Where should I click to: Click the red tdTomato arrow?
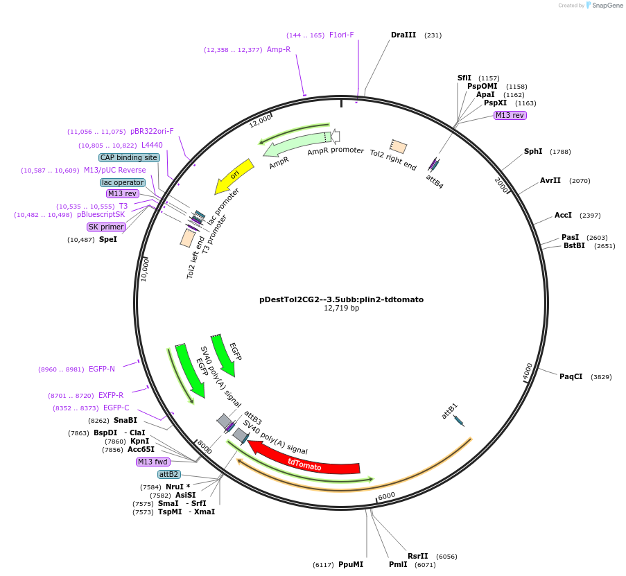click(305, 465)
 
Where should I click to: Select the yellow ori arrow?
click(234, 177)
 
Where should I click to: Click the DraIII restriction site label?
click(403, 35)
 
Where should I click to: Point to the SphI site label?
click(533, 151)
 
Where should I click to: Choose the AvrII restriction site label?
click(550, 180)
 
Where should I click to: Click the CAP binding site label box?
click(129, 157)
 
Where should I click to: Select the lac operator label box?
click(123, 182)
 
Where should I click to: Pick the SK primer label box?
click(106, 227)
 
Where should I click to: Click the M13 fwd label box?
click(153, 462)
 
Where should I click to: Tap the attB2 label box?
click(168, 474)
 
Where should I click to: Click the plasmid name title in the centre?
click(341, 299)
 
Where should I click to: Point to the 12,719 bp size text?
click(341, 308)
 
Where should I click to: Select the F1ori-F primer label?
click(341, 35)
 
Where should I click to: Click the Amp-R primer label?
click(279, 49)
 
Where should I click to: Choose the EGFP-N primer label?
click(102, 369)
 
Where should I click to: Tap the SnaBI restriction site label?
click(125, 420)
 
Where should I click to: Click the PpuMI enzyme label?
click(351, 564)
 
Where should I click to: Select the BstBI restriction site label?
click(574, 245)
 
